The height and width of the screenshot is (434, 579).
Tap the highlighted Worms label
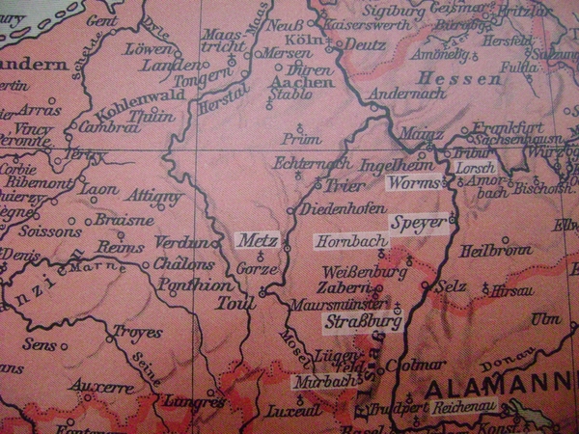(x=414, y=182)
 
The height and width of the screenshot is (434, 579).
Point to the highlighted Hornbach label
(x=342, y=240)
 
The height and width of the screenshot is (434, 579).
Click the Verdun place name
(x=181, y=243)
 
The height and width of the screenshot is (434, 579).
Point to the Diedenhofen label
(x=335, y=209)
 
